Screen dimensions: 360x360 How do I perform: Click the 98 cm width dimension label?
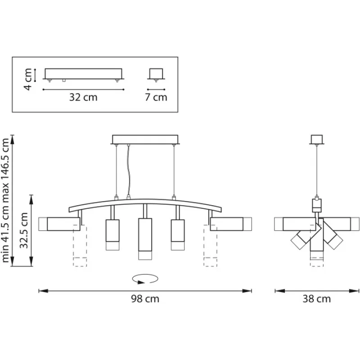[x=145, y=299]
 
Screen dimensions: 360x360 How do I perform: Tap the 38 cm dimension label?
[x=317, y=299]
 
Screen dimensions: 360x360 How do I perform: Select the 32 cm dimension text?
[x=83, y=97]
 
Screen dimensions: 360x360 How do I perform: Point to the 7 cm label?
[x=156, y=97]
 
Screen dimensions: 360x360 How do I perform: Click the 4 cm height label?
[x=28, y=79]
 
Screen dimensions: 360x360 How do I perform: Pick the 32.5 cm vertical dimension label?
[x=24, y=230]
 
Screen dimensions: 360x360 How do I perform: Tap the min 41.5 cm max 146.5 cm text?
[x=5, y=200]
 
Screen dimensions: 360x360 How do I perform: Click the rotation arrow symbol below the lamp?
[x=145, y=279]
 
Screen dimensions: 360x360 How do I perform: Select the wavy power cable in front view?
[x=128, y=171]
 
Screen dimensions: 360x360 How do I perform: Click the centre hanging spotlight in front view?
[x=145, y=239]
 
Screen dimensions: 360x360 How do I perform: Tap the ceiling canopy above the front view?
[x=145, y=139]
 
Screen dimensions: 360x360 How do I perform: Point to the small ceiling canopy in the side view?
[x=317, y=139]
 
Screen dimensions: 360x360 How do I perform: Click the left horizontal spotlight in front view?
[x=59, y=224]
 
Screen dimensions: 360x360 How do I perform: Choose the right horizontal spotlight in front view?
[x=231, y=224]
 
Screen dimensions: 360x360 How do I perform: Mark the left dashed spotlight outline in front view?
[x=80, y=245]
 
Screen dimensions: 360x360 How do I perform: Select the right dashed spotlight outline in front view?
[x=210, y=245]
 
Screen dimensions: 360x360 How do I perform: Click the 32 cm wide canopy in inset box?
[x=83, y=74]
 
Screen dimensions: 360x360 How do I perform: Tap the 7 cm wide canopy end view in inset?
[x=156, y=74]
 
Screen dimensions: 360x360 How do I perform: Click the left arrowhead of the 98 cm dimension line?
[x=43, y=291]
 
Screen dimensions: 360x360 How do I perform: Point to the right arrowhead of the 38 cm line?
[x=354, y=291]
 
